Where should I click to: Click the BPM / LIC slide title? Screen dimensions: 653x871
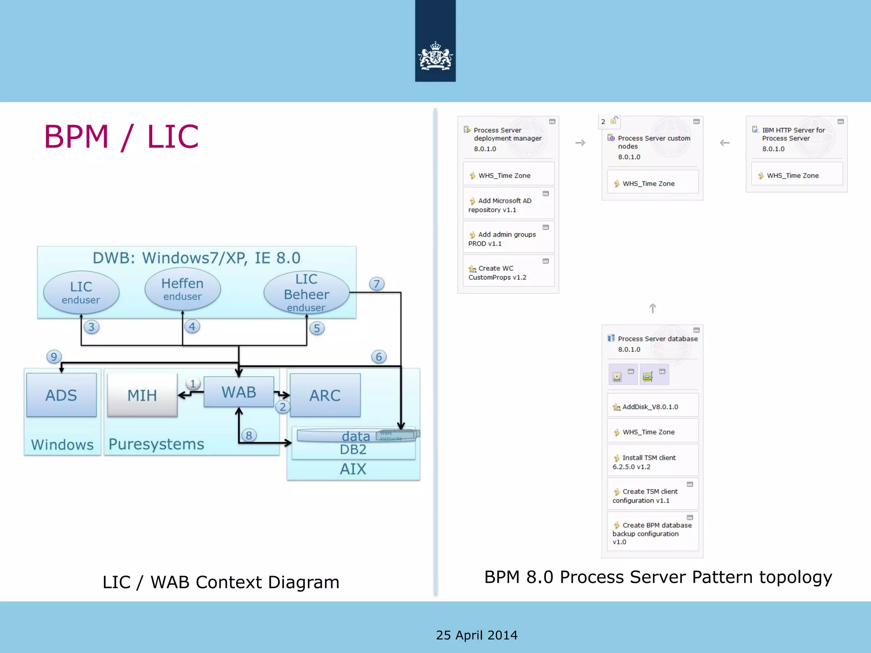121,136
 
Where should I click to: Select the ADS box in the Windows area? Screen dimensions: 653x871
61,395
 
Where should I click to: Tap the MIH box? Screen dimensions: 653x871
142,395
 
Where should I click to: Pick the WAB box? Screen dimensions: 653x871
239,392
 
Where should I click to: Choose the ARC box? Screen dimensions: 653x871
325,395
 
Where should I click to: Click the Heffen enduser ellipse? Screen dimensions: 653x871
182,289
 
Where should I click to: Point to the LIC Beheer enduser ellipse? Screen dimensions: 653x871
306,292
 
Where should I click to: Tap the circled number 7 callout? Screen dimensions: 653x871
377,284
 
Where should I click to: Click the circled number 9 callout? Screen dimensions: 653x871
54,356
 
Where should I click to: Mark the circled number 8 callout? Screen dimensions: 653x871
249,435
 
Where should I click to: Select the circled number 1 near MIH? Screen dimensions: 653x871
193,383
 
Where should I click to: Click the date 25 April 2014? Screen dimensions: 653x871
476,635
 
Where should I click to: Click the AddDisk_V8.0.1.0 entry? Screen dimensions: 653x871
650,407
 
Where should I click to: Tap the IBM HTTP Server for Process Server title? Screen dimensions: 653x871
793,134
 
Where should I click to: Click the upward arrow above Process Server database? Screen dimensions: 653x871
652,308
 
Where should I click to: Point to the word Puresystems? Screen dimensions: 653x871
156,444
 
